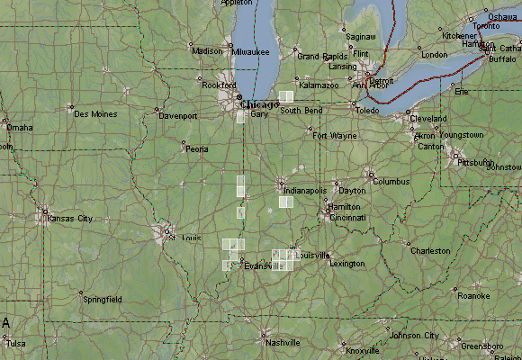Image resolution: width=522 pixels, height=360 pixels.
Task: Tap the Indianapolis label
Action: coord(304,191)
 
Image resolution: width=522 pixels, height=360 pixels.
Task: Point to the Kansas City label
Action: coord(69,219)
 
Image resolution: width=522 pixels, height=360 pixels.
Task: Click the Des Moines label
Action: coord(94,114)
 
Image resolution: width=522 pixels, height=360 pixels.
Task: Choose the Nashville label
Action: coord(282,343)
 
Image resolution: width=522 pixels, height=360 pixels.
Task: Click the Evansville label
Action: coord(263,265)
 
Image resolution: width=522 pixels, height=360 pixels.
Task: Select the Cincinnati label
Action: coord(346,218)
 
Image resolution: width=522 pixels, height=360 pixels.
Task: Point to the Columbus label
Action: coord(391,181)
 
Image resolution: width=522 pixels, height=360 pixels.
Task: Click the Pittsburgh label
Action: coord(474,163)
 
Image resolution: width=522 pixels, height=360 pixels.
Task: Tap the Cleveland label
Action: coord(427,119)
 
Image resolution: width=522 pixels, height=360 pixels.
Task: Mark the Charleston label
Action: coord(429,251)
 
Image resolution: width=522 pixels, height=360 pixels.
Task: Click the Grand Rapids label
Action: coord(321,56)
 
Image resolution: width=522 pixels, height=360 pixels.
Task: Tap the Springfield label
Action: coord(102,299)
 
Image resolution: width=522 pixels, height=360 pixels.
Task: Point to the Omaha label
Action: coord(19,128)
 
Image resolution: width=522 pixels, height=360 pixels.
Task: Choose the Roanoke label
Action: coord(473,295)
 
